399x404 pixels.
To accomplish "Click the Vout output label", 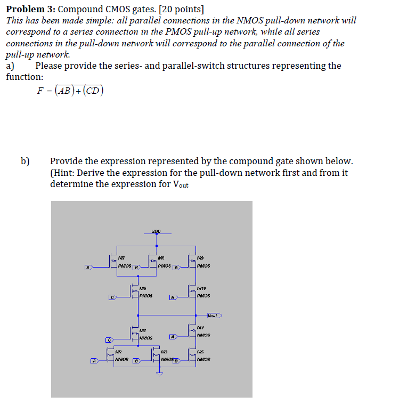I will tap(214, 316).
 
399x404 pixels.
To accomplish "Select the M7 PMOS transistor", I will tap(115, 261).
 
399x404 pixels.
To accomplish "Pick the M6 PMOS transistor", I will tap(135, 291).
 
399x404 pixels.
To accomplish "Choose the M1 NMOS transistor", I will tap(135, 334).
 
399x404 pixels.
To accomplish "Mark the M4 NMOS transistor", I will tap(193, 332).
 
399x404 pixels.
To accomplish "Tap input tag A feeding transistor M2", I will tap(94, 361).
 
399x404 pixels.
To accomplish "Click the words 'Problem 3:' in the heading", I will tap(30, 8).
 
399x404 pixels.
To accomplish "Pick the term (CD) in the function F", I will tap(92, 91).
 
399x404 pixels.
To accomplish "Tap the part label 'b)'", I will tap(25, 160).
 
